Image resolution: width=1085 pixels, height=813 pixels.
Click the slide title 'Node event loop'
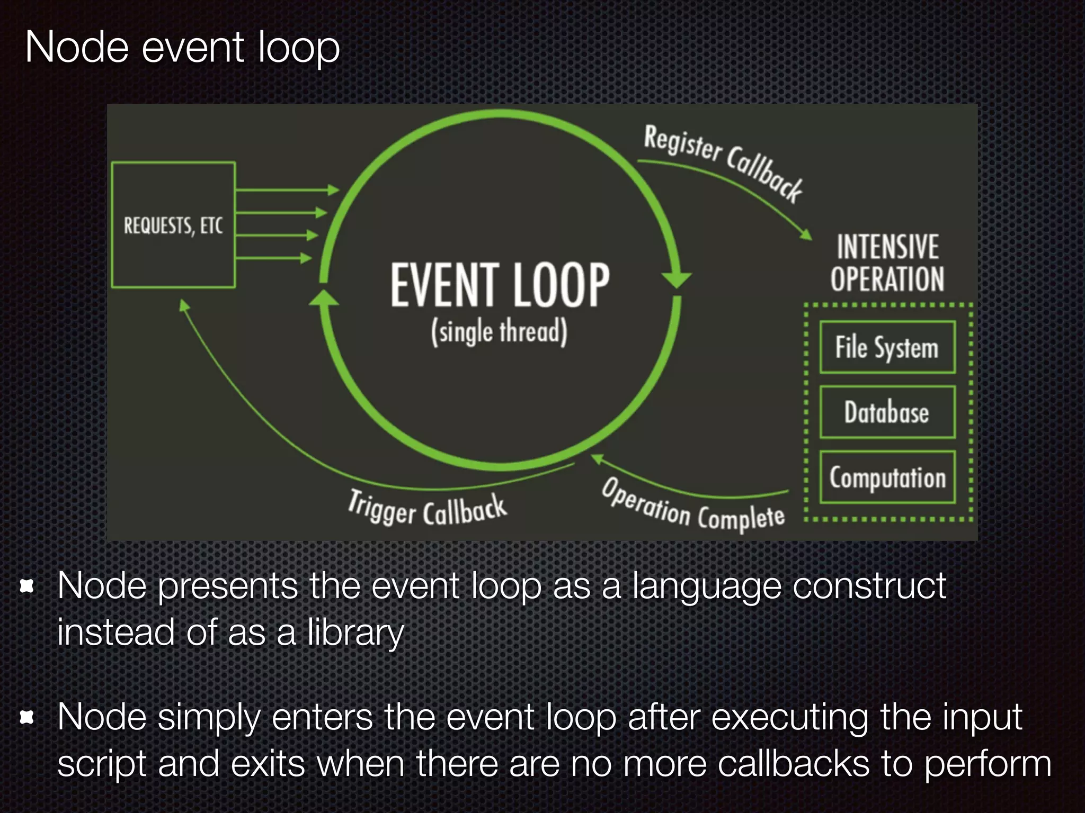click(182, 48)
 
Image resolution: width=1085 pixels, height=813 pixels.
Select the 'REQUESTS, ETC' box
click(173, 225)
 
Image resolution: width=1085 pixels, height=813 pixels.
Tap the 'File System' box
click(887, 347)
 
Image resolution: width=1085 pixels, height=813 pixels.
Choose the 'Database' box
click(887, 412)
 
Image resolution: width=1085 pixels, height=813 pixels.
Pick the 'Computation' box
click(887, 477)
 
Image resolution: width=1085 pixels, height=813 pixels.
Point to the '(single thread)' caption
click(499, 332)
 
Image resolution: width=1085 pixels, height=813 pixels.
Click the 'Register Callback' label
click(723, 162)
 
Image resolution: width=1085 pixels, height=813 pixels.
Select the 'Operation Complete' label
click(693, 506)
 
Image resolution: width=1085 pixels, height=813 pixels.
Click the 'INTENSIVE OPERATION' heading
click(887, 263)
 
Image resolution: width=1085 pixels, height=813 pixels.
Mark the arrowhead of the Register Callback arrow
click(806, 234)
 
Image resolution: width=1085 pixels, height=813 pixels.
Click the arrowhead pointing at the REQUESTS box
click(184, 306)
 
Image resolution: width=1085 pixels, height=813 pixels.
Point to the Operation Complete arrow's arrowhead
click(597, 458)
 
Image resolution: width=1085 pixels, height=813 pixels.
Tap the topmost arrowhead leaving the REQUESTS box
click(334, 190)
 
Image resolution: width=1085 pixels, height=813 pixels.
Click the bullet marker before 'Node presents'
click(27, 586)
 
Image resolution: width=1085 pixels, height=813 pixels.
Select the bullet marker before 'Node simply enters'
click(27, 718)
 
